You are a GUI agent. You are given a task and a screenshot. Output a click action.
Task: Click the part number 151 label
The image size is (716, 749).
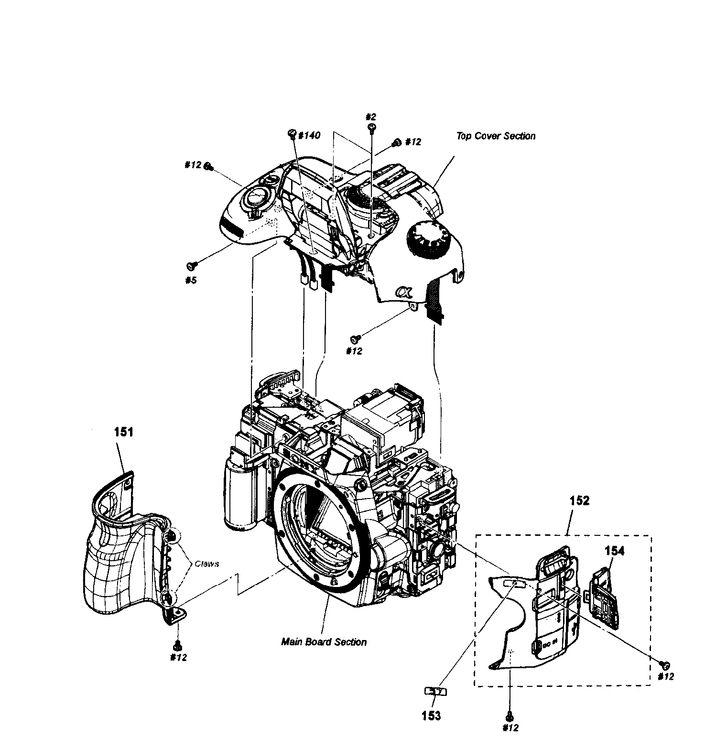point(123,432)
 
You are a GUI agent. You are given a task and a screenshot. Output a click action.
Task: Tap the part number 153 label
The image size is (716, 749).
point(431,716)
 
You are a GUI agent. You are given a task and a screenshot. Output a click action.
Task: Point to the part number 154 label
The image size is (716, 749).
point(614,551)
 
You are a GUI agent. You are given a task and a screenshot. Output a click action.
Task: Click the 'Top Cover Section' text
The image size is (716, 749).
point(495,136)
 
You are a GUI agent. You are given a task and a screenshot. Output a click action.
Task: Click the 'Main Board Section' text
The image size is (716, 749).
point(324,642)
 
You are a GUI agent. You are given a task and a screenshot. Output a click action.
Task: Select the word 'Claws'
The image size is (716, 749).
point(206,564)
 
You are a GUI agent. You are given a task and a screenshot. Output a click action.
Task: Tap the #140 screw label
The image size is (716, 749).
point(308,136)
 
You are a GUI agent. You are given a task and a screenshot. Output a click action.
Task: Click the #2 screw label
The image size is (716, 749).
point(371,117)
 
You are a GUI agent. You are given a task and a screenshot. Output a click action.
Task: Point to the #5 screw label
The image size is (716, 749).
point(191,280)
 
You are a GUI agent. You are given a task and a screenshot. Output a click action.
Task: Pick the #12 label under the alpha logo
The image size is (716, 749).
point(354,351)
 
